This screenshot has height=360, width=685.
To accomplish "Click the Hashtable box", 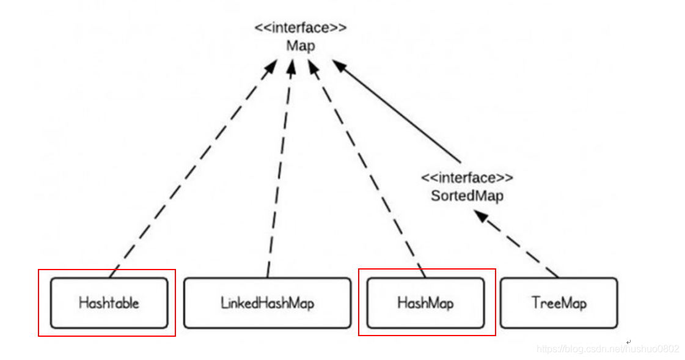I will [x=109, y=303].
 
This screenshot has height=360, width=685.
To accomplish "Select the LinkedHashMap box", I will [x=267, y=303].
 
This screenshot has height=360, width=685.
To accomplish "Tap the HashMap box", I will [x=425, y=303].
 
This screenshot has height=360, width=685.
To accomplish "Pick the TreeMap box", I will [x=559, y=303].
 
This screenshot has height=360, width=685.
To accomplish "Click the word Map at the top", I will [x=301, y=46].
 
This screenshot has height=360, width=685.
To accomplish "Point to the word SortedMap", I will [x=467, y=196].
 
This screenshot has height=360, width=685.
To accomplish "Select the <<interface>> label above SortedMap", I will [x=467, y=178].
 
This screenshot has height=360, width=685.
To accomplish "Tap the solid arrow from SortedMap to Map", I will [x=397, y=116].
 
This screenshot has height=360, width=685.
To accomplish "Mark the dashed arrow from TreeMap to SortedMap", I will [x=519, y=244].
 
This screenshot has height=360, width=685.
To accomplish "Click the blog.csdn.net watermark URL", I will [x=607, y=349].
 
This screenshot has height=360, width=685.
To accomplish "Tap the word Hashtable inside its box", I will [x=109, y=303].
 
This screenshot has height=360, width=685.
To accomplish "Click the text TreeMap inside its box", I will [x=559, y=303].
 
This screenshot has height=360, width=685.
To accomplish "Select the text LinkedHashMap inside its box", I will [x=267, y=303].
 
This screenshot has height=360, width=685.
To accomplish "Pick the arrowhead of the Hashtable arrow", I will [x=270, y=67].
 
